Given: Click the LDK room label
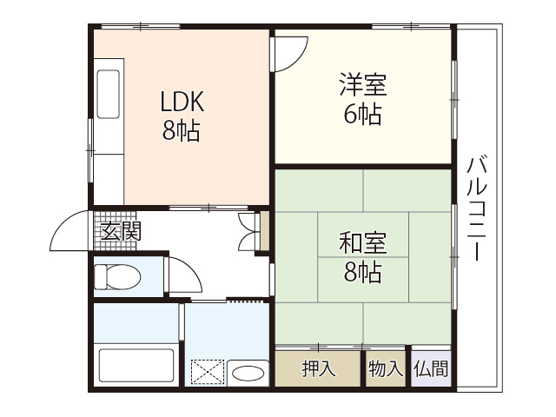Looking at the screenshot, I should (182, 103).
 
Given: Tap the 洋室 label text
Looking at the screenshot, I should (362, 85).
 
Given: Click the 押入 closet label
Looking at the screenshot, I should (317, 368).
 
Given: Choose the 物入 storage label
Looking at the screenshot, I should (385, 368).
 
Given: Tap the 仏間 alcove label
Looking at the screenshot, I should (432, 368).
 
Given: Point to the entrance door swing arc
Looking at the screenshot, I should (69, 228).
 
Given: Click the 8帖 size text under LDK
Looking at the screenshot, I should (182, 131).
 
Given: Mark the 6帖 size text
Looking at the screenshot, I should (362, 114).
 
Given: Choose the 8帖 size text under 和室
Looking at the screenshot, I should (362, 272).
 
